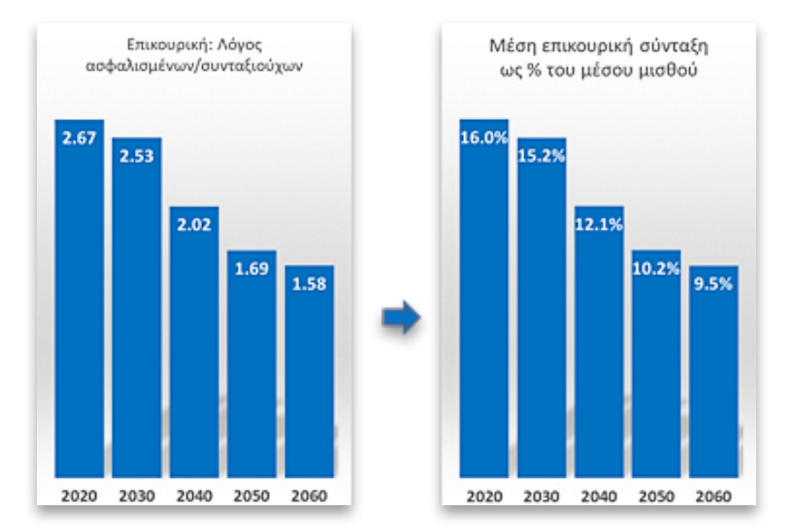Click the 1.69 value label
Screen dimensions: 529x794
[x=251, y=268]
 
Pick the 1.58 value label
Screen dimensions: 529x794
[x=309, y=284]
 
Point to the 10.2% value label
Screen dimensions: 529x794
[x=656, y=268]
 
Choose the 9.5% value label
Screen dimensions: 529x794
[x=714, y=284]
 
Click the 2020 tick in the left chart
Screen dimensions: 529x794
[x=79, y=495]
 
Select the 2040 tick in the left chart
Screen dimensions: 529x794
[x=194, y=495]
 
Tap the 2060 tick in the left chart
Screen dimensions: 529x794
[x=309, y=495]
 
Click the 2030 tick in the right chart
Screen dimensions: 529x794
[x=542, y=495]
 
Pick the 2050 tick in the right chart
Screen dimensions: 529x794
[x=656, y=495]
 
